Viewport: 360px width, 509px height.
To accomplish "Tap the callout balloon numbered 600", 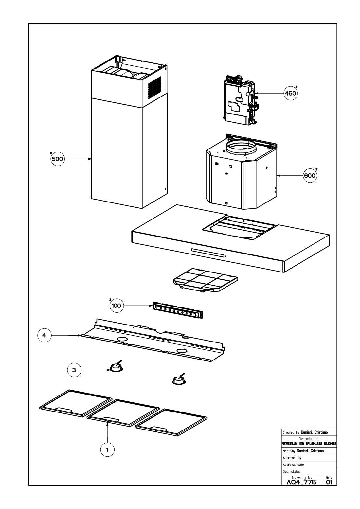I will pos(310,176).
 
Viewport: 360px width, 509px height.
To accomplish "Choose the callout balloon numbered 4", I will pos(44,335).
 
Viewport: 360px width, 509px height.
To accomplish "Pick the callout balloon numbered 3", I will pos(74,370).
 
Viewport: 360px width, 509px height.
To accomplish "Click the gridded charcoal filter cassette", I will pos(206,280).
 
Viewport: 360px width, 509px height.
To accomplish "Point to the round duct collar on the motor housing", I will pos(241,148).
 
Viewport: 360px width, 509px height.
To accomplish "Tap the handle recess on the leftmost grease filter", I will pos(64,409).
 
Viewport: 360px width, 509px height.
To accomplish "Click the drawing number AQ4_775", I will pos(301,482).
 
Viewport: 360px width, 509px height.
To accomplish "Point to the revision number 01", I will pos(329,482).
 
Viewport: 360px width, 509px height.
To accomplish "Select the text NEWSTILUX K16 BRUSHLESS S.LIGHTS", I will pos(309,444).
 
